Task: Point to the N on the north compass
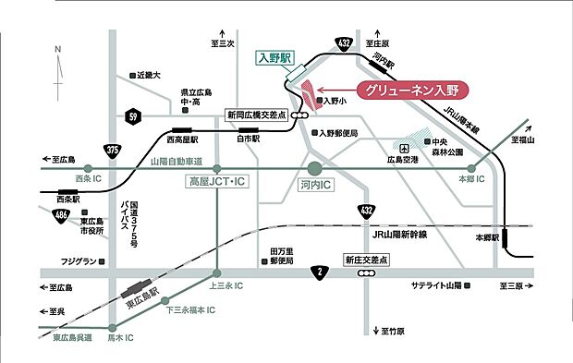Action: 57,49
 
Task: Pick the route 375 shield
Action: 112,150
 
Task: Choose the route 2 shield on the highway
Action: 319,272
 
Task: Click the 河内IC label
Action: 315,185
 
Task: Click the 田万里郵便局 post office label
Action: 281,256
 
